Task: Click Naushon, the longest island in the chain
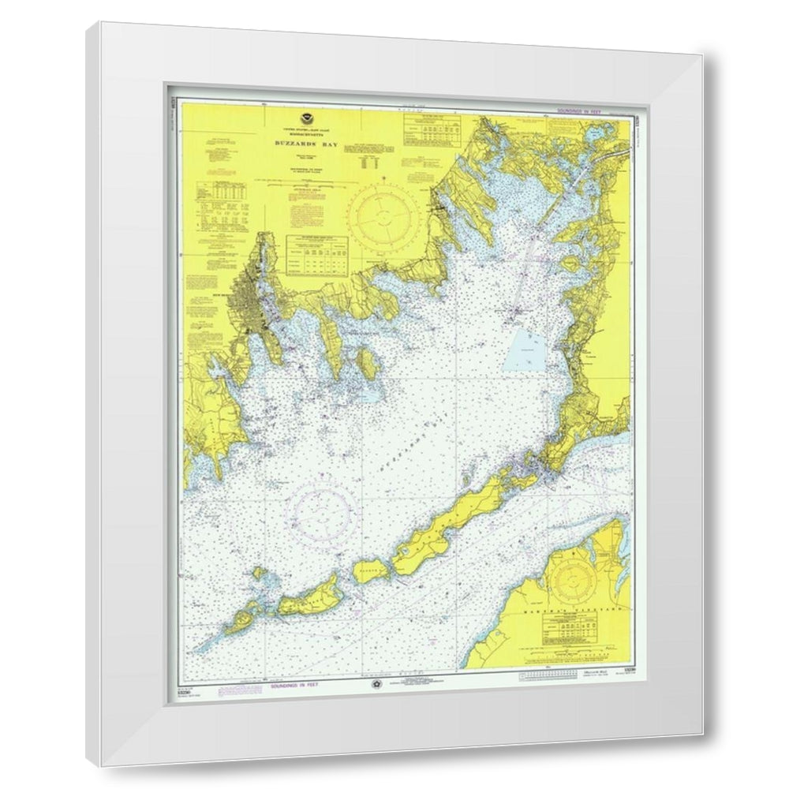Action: pos(450,529)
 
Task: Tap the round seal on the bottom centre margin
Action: pos(376,685)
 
